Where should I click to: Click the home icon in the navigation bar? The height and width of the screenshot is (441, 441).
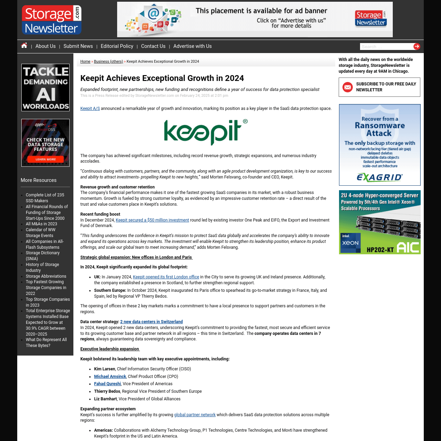tap(24, 45)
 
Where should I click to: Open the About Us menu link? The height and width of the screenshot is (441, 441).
tap(45, 46)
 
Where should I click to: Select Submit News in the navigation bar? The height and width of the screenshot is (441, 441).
tap(78, 46)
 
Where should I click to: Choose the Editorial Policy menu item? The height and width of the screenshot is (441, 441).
tap(117, 46)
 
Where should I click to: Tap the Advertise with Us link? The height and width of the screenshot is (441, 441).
tap(192, 46)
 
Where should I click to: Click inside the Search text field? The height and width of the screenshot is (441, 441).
tap(386, 47)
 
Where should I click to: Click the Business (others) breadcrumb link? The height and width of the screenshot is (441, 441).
tap(108, 62)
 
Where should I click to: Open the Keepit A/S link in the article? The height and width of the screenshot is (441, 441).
tap(90, 109)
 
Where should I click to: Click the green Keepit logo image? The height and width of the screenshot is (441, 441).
tap(206, 132)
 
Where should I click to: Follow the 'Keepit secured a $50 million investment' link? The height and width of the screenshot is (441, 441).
tap(152, 220)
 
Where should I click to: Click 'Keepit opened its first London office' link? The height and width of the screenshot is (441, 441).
tap(166, 277)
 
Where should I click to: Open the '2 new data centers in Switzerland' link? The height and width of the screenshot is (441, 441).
tap(151, 322)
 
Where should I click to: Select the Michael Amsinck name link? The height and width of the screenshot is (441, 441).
tap(110, 377)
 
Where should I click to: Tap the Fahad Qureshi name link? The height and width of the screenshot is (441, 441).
tap(107, 384)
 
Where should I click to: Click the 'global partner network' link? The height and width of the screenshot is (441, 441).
tap(195, 415)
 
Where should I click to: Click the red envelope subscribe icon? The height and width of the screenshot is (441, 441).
tap(348, 87)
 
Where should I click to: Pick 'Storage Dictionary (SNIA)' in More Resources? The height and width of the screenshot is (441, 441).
tap(43, 256)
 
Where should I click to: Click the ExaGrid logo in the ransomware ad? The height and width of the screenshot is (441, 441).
tap(379, 177)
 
